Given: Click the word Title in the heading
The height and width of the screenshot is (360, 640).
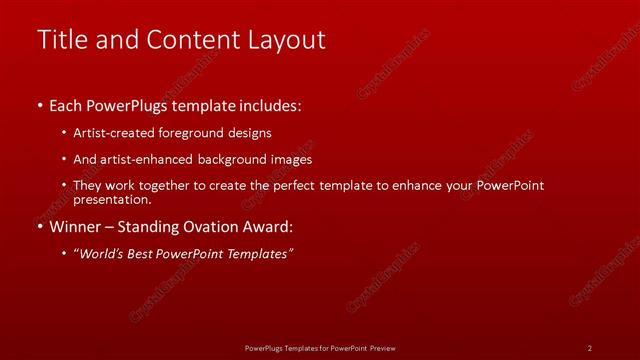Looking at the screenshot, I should tap(58, 40).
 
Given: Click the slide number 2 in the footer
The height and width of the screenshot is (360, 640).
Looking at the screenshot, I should tap(590, 347).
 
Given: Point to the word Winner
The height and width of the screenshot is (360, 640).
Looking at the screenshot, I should tap(77, 227).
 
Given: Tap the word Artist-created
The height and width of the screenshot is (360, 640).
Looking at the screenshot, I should tap(110, 132).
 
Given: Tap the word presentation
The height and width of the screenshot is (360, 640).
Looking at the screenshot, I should tap(107, 198).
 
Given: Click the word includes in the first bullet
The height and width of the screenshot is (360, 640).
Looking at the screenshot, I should tap(270, 105).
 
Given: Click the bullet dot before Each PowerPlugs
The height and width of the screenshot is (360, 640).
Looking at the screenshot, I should tap(40, 105).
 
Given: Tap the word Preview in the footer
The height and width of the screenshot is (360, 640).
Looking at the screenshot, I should tap(382, 347).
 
